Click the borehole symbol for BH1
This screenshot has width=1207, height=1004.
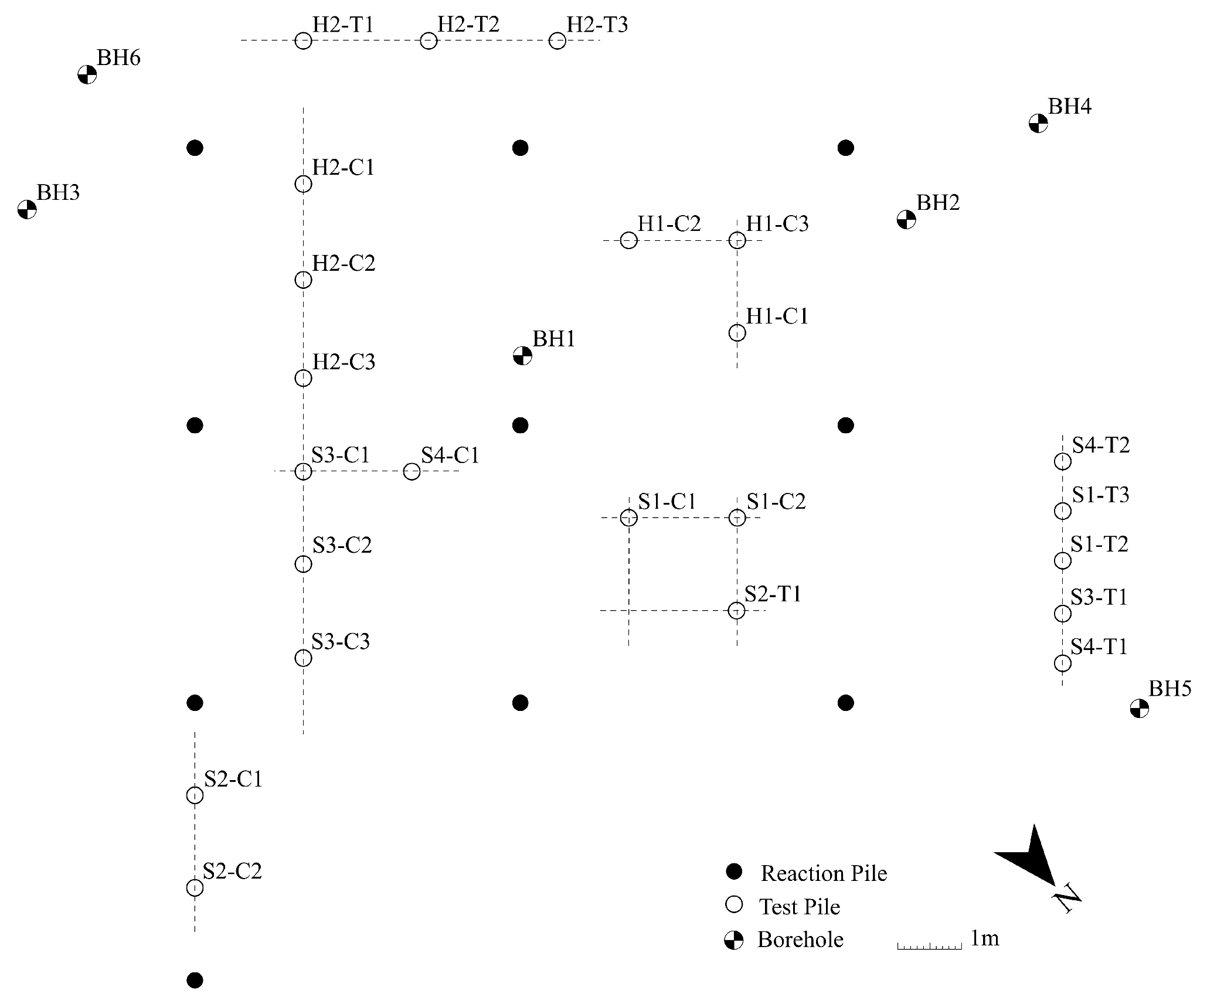[x=522, y=355]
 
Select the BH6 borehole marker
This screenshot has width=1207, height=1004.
[x=87, y=75]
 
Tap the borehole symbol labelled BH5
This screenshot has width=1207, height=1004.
[x=1139, y=708]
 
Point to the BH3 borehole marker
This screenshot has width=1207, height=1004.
[x=27, y=209]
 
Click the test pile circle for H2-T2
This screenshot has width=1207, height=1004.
[x=429, y=41]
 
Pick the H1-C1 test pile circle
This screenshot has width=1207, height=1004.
[x=737, y=333]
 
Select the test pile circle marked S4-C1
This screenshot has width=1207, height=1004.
[x=412, y=471]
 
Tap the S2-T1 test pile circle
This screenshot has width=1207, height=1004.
[x=737, y=611]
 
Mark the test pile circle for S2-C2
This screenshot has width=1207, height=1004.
[x=195, y=888]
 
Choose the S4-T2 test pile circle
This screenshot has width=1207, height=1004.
[x=1062, y=461]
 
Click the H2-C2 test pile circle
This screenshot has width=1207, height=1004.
[x=303, y=280]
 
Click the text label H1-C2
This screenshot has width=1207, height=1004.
[x=669, y=224]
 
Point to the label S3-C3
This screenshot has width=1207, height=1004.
[x=341, y=642]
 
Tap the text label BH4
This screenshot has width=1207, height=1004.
[x=1069, y=107]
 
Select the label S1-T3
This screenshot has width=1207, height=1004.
[x=1100, y=495]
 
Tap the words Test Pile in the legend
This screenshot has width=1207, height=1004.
[x=800, y=907]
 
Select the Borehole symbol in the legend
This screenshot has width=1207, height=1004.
[x=734, y=940]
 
